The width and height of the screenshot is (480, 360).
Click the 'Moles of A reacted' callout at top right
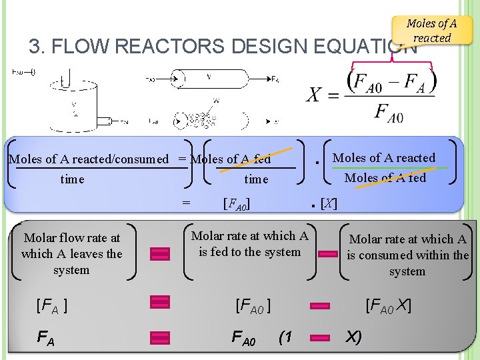pyautogui.click(x=432, y=30)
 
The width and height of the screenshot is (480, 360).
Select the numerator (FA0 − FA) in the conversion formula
pyautogui.click(x=392, y=82)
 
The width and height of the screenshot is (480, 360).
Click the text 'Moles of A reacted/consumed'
pyautogui.click(x=89, y=159)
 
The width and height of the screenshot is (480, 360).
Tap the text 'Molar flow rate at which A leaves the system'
pyautogui.click(x=71, y=253)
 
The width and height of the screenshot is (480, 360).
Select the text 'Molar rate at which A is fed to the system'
pyautogui.click(x=249, y=243)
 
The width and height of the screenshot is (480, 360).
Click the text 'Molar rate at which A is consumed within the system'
pyautogui.click(x=407, y=255)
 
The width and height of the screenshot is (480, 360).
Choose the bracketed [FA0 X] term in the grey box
pyautogui.click(x=387, y=306)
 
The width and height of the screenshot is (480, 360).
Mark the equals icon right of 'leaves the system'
pyautogui.click(x=160, y=253)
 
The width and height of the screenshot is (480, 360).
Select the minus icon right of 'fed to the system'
pyautogui.click(x=327, y=253)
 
